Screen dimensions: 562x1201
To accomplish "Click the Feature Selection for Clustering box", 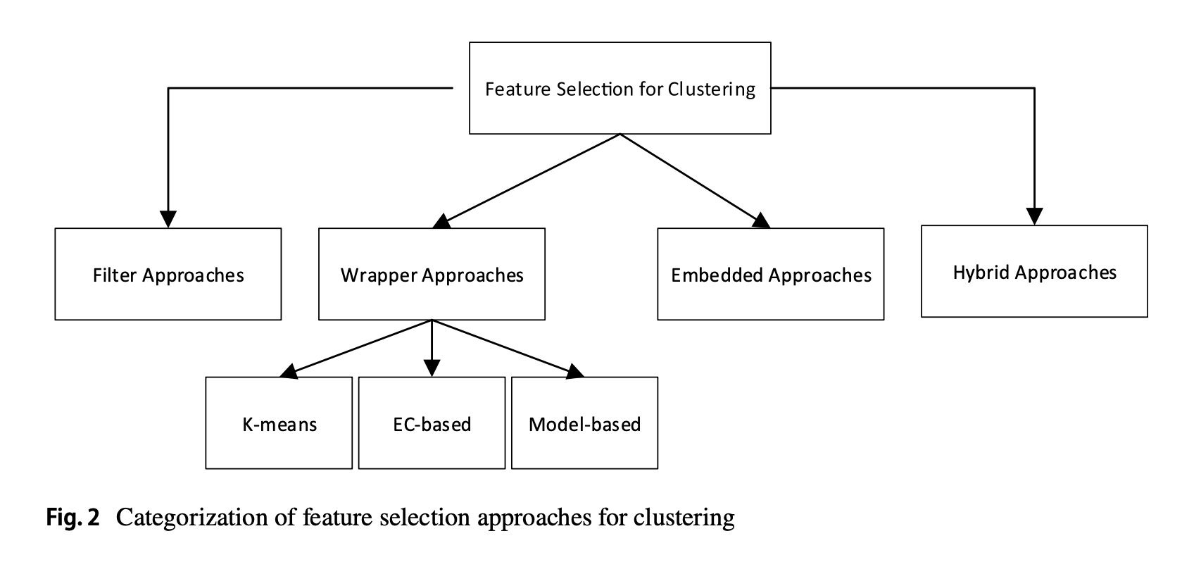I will click(620, 88).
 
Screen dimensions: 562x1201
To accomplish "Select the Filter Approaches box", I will click(168, 274).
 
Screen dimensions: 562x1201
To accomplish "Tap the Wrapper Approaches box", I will click(432, 274).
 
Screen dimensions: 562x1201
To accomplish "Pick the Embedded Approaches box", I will click(770, 274).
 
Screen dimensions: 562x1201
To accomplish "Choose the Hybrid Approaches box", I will click(1033, 271).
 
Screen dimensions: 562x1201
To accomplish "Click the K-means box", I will click(279, 423).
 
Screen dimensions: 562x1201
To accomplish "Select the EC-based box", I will click(432, 423).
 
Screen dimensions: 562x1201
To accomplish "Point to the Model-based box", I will click(584, 423).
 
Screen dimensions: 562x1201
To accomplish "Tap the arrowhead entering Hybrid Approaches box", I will click(1033, 216).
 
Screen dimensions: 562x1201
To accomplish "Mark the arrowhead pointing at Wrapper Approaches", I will click(442, 222).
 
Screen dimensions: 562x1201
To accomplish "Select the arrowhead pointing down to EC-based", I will click(432, 368).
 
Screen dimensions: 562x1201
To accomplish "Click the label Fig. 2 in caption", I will click(73, 518).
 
